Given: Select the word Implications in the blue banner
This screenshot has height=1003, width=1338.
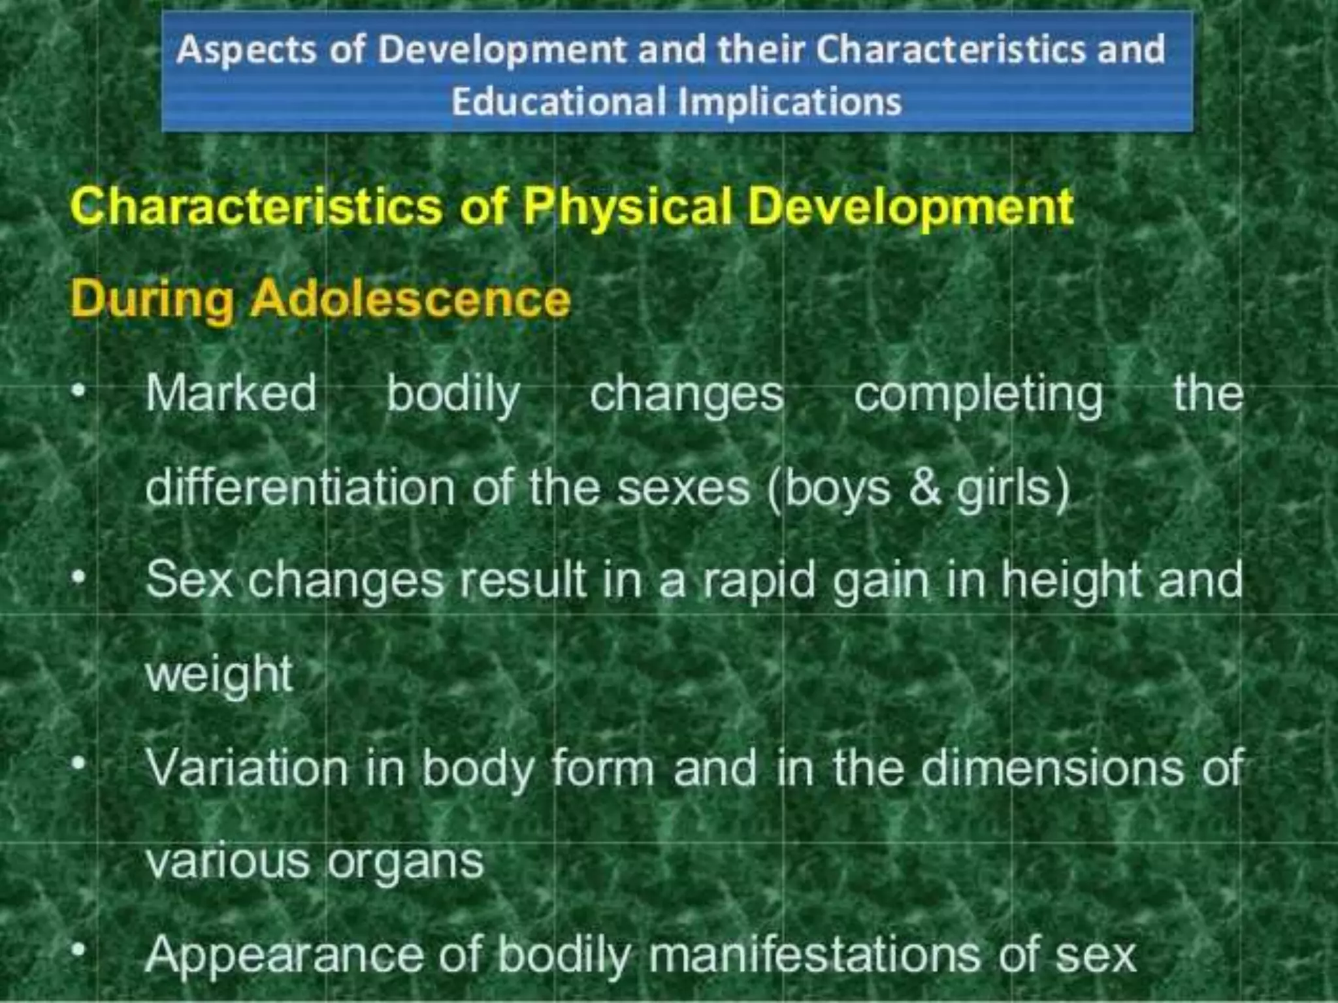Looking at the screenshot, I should pyautogui.click(x=790, y=102).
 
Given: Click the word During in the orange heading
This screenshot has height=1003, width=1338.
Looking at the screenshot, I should pyautogui.click(x=152, y=299).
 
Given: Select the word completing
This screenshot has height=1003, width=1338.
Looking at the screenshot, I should pyautogui.click(x=978, y=394).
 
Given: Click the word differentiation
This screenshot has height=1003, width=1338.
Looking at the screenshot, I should pyautogui.click(x=300, y=488).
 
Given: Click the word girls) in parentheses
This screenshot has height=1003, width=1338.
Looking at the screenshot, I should pyautogui.click(x=1013, y=489).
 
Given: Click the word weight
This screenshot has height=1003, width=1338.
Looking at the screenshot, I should pyautogui.click(x=219, y=675).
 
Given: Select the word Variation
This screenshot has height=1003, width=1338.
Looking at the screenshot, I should pyautogui.click(x=246, y=768).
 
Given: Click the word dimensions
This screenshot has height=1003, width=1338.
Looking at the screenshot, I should pyautogui.click(x=1052, y=768).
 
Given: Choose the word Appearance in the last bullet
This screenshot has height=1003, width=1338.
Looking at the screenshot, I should pyautogui.click(x=284, y=955).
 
